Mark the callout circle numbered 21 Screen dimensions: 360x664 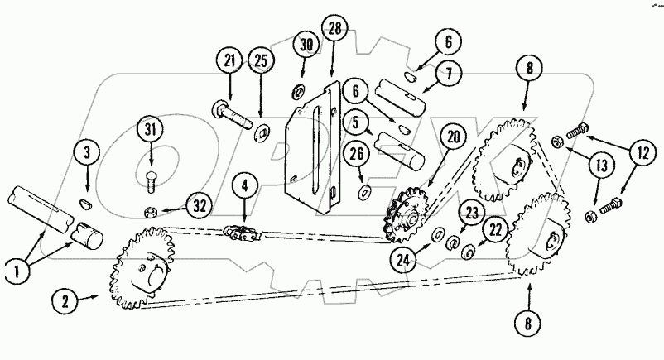[x=229, y=62]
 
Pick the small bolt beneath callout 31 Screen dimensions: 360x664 [x=152, y=176]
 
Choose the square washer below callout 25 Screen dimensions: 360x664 [x=264, y=130]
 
